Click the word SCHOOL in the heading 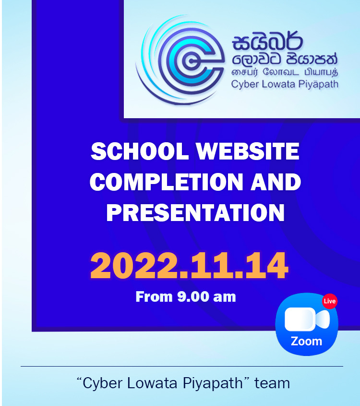140,151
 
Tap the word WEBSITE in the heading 248,151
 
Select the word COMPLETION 167,182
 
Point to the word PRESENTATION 195,212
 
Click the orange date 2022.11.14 189,265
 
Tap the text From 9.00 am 186,297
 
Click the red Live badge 329,301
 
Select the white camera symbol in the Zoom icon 307,319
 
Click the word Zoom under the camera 306,341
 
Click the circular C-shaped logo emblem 181,60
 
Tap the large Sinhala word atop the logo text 267,41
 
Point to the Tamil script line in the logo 285,72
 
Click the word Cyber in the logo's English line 245,85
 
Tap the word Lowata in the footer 152,383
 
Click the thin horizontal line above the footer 182,367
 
